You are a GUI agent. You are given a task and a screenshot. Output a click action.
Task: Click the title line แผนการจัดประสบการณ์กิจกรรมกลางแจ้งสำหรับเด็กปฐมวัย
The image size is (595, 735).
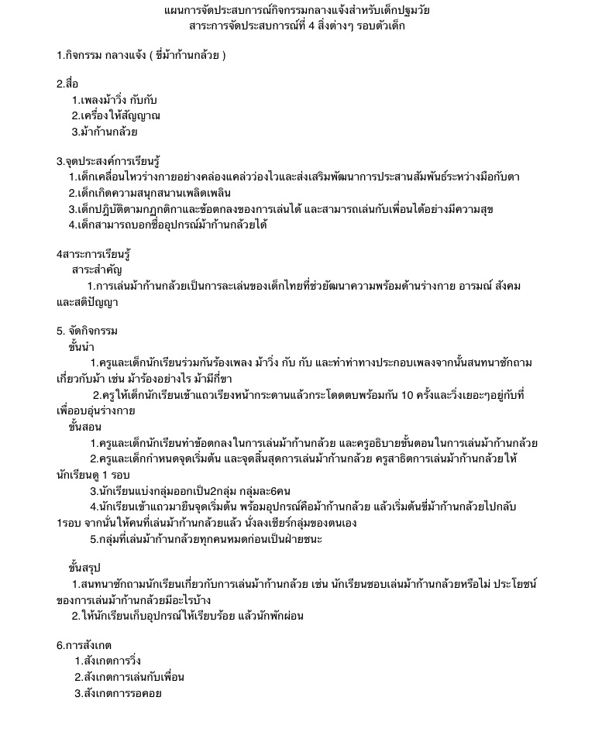[x=297, y=11]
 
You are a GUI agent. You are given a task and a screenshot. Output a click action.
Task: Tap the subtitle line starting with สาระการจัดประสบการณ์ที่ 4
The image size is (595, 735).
[x=297, y=26]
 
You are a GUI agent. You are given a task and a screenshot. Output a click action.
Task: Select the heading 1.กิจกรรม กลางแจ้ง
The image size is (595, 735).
[x=141, y=56]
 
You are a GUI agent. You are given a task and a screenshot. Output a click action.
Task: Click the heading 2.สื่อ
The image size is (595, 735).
[x=67, y=84]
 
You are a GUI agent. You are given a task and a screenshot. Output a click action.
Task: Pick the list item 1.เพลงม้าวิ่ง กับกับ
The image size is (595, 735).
[x=115, y=100]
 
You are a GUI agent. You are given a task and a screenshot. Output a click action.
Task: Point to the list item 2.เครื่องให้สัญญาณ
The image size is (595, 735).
[x=116, y=116]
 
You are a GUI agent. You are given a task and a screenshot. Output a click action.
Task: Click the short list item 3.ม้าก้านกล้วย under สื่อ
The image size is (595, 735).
[x=105, y=132]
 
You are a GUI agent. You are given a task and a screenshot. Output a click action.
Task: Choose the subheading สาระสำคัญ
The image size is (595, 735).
[x=97, y=270]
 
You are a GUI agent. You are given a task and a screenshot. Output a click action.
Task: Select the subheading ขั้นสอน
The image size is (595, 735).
[x=84, y=427]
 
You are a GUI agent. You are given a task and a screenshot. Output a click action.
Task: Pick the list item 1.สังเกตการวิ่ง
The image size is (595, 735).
[x=108, y=661]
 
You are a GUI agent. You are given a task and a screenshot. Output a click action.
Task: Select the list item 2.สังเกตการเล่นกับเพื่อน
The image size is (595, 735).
[x=129, y=677]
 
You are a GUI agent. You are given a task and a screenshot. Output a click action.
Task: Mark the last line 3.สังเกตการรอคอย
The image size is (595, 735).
[x=118, y=693]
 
